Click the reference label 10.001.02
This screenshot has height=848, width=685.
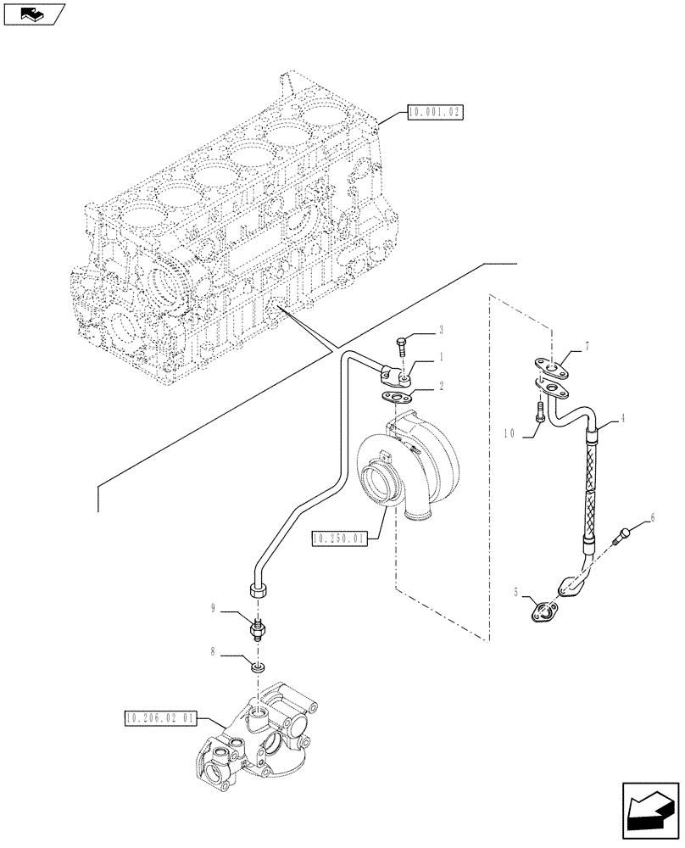pos(433,112)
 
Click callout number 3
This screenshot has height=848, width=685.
pos(441,328)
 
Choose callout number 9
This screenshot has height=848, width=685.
pos(214,607)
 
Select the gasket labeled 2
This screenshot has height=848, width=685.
pos(396,396)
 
